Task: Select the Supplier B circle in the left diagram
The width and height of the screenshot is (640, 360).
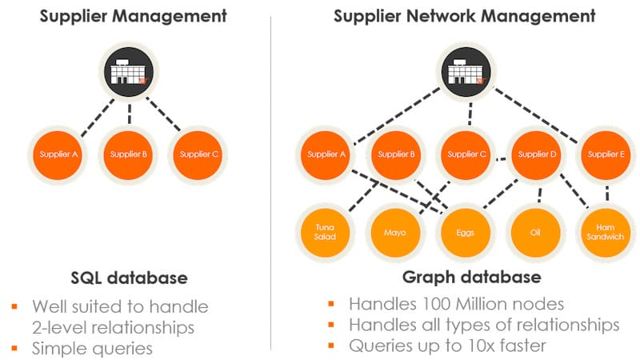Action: [x=127, y=154]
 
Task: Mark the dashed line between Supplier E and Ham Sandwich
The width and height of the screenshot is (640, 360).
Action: [x=607, y=193]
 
